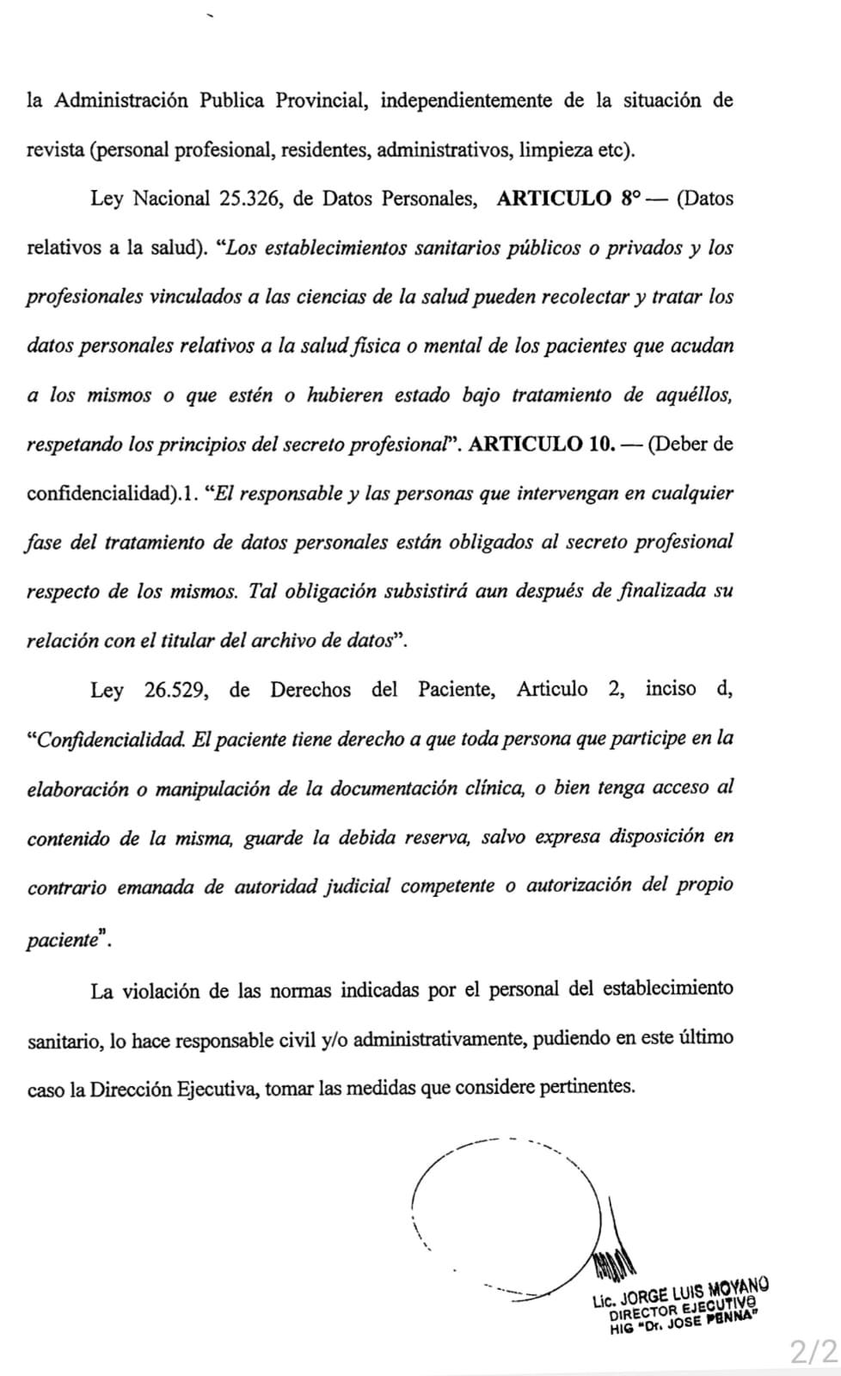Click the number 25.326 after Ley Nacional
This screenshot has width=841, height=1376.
click(x=251, y=200)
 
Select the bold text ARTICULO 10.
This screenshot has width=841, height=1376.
click(x=544, y=445)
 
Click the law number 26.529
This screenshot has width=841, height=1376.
click(x=175, y=690)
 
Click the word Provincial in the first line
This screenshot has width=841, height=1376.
click(x=322, y=101)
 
